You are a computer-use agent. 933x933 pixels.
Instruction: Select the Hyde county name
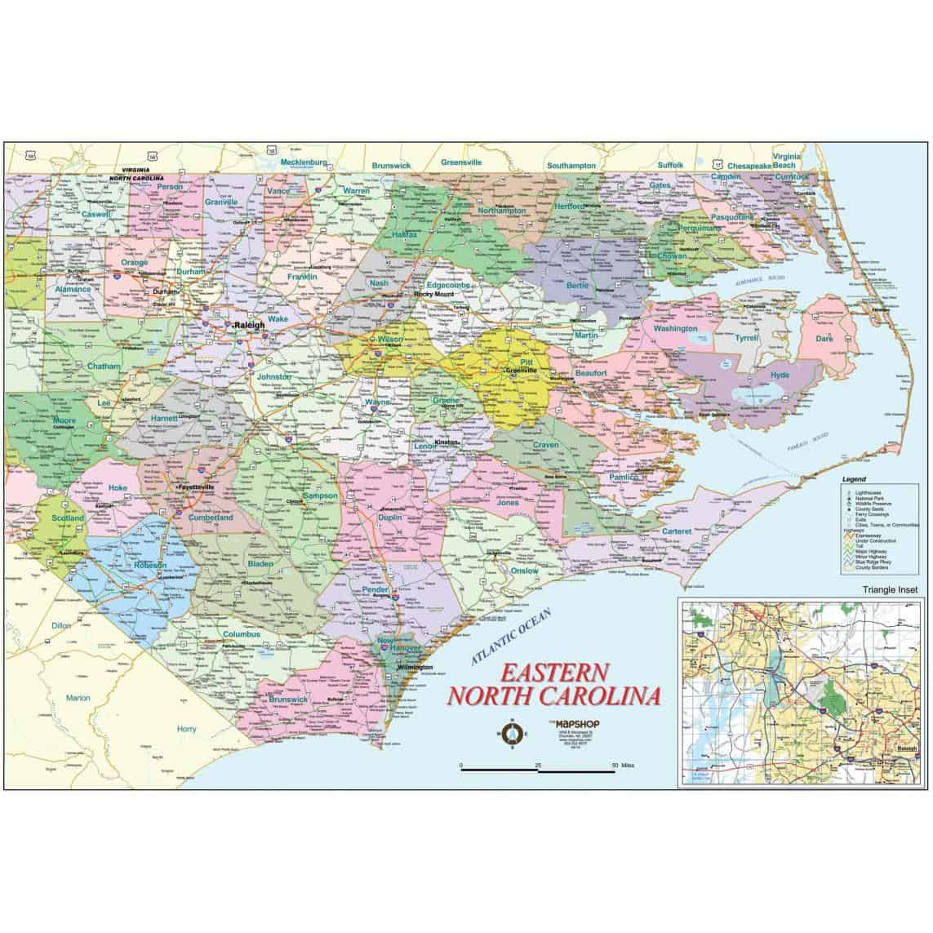pyautogui.click(x=780, y=375)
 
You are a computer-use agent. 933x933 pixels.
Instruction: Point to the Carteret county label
pyautogui.click(x=677, y=531)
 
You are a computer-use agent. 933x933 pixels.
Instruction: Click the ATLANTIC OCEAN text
pyautogui.click(x=510, y=636)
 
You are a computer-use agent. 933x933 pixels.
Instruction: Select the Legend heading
pyautogui.click(x=854, y=479)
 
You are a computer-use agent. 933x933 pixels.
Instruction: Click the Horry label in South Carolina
pyautogui.click(x=187, y=728)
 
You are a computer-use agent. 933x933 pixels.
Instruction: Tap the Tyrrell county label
pyautogui.click(x=746, y=337)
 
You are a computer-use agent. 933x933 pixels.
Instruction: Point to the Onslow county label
pyautogui.click(x=525, y=571)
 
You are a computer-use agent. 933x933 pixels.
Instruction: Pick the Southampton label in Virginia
pyautogui.click(x=571, y=165)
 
